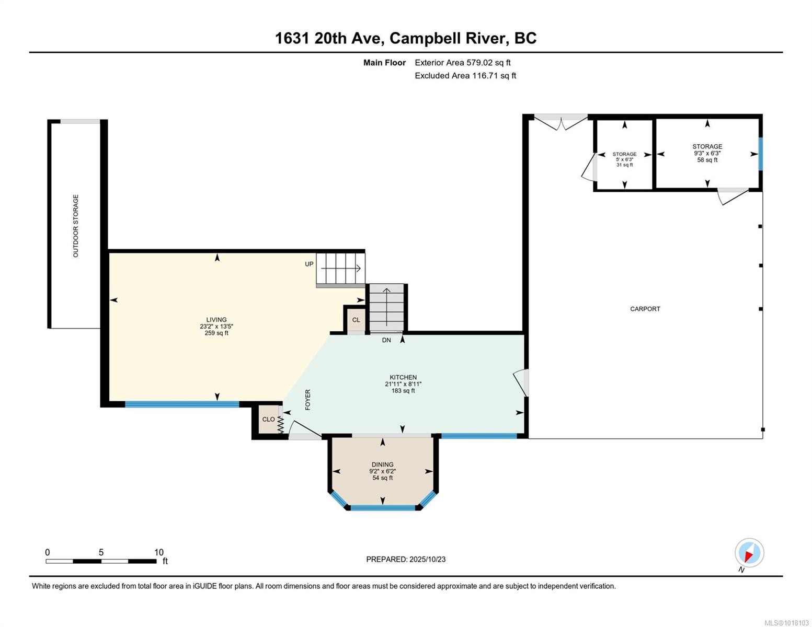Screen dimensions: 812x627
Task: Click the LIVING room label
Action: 216,320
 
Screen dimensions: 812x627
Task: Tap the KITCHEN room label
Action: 403,377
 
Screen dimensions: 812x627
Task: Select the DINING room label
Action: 382,465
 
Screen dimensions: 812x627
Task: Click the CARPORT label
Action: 645,309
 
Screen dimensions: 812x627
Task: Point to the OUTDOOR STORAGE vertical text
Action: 76,226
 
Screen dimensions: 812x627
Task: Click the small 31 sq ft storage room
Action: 624,158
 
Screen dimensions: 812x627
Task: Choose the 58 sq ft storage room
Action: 707,153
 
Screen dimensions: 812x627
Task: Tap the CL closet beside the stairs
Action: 356,320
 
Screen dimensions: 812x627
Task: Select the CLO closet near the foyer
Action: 268,419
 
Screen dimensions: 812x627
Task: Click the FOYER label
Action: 308,399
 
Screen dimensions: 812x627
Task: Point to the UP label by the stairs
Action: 309,264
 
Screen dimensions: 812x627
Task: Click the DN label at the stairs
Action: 386,340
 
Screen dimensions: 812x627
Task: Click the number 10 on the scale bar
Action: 159,552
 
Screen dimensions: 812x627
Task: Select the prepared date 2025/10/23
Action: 427,559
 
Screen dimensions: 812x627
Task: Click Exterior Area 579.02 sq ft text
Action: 462,63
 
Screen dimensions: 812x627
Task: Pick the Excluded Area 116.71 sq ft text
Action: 465,76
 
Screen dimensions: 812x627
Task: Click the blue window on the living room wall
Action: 181,403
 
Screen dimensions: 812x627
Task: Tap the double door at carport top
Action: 561,123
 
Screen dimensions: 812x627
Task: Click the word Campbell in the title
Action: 425,38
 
